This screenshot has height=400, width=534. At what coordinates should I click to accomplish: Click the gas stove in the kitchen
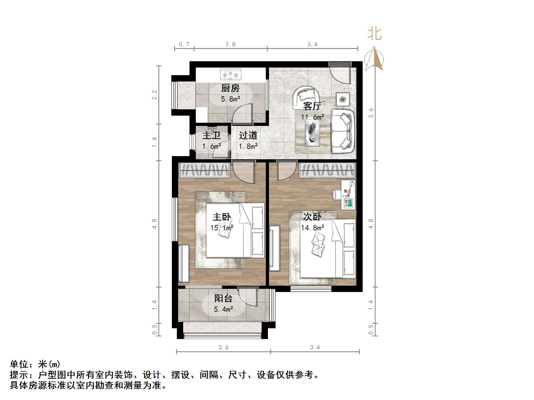coord(231,74)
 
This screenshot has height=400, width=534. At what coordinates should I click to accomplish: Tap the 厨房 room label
coord(230,88)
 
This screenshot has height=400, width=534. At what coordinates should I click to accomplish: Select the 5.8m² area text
coord(230,99)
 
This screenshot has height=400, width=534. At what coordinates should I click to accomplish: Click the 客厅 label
coord(312,106)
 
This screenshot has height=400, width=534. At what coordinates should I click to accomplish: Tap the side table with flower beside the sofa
coord(343,99)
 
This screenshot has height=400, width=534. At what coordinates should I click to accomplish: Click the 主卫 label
coord(211,135)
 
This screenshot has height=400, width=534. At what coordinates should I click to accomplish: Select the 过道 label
coord(248,135)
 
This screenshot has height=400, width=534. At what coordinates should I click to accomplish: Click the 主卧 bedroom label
coord(222,217)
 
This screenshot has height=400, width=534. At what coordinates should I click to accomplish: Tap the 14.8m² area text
coord(312,228)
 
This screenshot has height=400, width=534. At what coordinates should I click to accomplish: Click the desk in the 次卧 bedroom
coord(348,195)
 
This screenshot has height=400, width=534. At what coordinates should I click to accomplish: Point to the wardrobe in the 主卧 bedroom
coord(204,170)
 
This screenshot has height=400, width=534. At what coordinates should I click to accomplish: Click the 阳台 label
coord(223,298)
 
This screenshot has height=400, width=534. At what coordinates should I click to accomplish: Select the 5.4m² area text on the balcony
coord(223,309)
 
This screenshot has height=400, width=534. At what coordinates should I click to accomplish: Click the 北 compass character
coord(374,34)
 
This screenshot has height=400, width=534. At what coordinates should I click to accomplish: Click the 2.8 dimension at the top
coord(230,44)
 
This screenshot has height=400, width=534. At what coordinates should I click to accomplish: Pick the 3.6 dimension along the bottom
coord(223,347)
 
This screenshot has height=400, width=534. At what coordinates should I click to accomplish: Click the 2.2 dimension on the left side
coord(154,95)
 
